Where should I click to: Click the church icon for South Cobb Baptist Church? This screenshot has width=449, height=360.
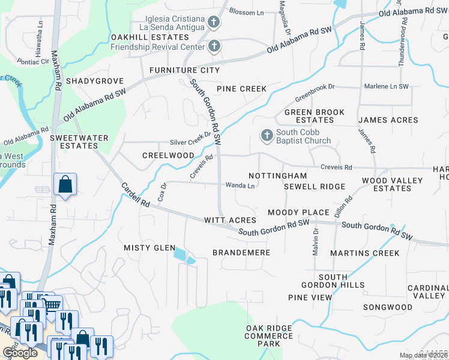pyautogui.click(x=267, y=136)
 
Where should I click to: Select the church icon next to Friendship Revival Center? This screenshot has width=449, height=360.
pyautogui.click(x=214, y=46)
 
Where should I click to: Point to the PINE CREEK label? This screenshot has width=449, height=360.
pyautogui.click(x=241, y=89)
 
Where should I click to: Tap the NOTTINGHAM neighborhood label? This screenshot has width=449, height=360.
pyautogui.click(x=277, y=176)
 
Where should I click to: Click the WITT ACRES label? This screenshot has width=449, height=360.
pyautogui.click(x=230, y=221)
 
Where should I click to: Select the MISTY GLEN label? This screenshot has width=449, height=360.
pyautogui.click(x=149, y=248)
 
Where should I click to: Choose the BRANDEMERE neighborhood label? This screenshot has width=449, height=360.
pyautogui.click(x=242, y=253)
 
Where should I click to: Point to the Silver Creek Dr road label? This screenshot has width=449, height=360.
pyautogui.click(x=191, y=142)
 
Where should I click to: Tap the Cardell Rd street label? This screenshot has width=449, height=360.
pyautogui.click(x=136, y=196)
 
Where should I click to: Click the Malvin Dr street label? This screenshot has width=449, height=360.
pyautogui.click(x=316, y=243)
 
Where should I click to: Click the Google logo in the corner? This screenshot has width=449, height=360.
pyautogui.click(x=20, y=353)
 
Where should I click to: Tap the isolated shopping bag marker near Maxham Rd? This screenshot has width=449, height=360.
pyautogui.click(x=65, y=185)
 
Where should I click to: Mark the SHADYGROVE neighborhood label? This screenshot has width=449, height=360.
pyautogui.click(x=95, y=81)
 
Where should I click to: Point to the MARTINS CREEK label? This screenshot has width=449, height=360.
pyautogui.click(x=365, y=253)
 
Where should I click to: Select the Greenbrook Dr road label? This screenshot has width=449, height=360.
pyautogui.click(x=315, y=92)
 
